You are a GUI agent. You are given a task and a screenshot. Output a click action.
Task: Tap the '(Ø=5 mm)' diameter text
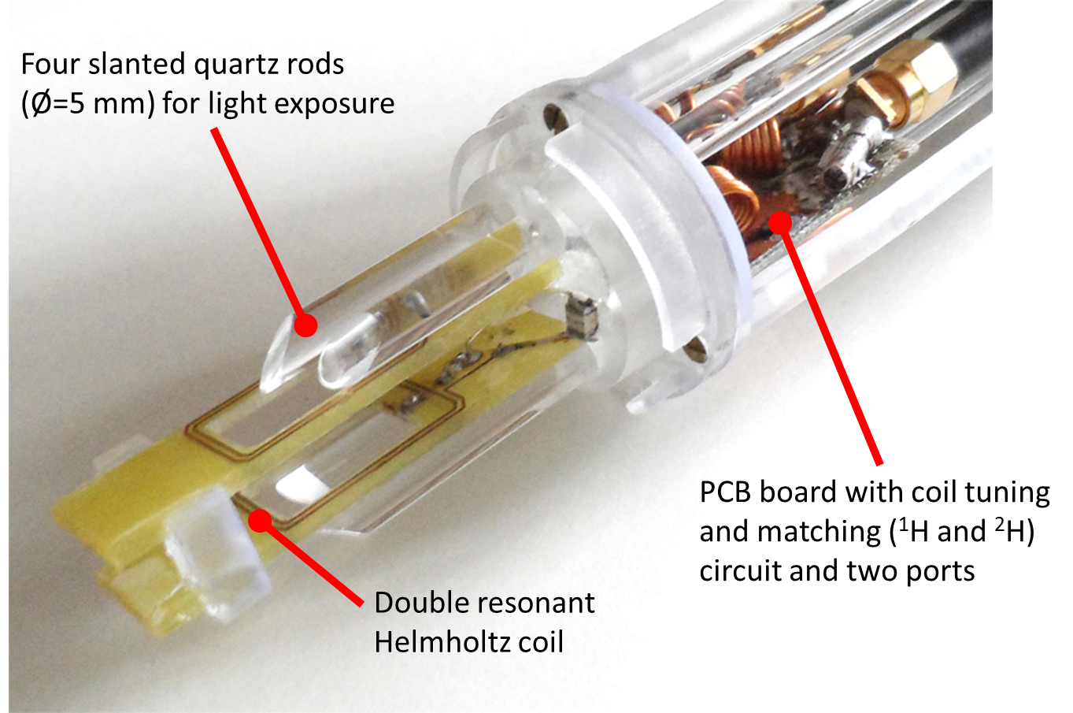tap(88, 103)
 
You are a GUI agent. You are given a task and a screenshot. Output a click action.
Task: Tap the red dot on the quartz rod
tap(305, 325)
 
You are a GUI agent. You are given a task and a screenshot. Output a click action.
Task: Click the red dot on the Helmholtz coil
tap(260, 521)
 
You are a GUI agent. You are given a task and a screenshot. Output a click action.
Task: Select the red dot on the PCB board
tap(781, 223)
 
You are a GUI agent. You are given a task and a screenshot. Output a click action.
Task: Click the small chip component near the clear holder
tap(580, 316)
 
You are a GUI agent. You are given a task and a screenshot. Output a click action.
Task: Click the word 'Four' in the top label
tap(52, 65)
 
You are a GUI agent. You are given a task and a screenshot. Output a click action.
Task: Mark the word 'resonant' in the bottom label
tap(540, 603)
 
